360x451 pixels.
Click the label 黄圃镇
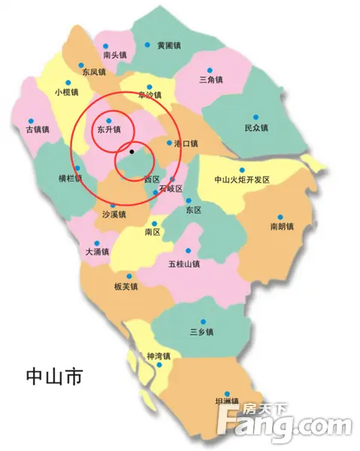tap(169, 46)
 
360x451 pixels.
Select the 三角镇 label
tap(211, 79)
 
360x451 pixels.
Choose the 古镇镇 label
tap(37, 129)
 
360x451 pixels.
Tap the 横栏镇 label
tap(71, 179)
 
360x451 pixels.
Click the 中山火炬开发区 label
tap(241, 180)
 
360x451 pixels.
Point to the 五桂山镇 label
tap(184, 263)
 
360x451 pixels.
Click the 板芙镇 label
tap(126, 286)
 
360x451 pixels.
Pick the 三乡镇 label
tap(202, 331)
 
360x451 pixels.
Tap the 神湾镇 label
tap(159, 356)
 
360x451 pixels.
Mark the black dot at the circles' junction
tap(132, 152)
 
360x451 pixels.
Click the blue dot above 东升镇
tap(108, 120)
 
